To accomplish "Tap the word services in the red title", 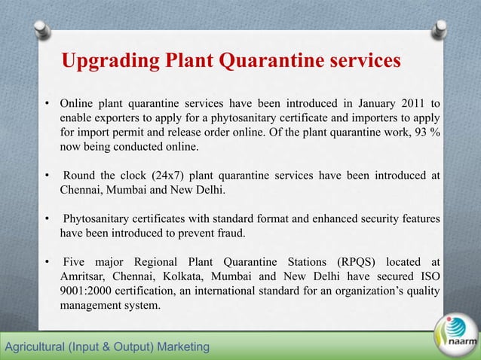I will tap(360, 60).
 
